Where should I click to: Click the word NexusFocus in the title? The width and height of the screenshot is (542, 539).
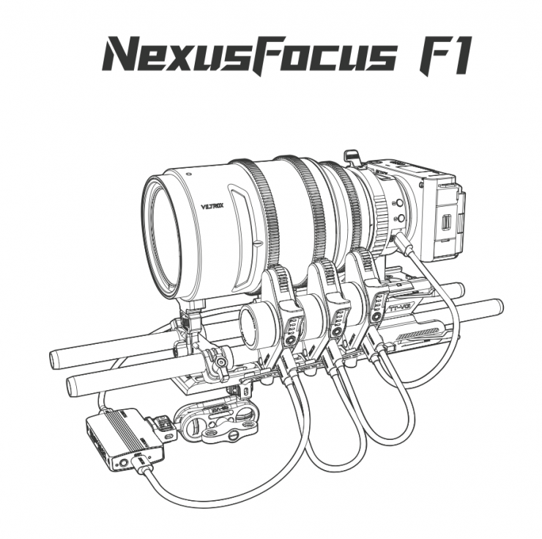click(249, 54)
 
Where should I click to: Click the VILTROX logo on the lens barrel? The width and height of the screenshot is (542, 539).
click(212, 205)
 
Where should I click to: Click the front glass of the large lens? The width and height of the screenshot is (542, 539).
click(163, 235)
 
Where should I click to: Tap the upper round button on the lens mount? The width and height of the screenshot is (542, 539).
click(401, 202)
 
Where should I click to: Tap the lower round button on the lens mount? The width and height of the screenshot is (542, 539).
click(401, 218)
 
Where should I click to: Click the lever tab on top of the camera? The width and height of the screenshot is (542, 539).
click(352, 158)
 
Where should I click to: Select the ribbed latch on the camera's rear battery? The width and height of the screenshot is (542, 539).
click(447, 222)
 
